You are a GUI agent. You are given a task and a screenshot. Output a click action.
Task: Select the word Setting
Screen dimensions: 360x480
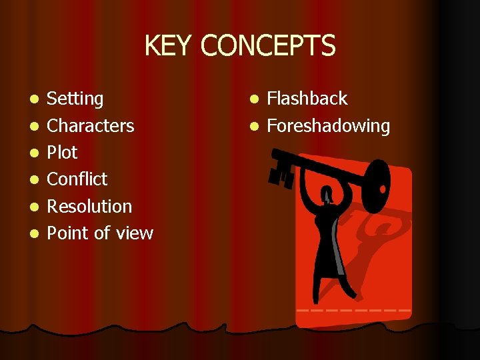[75, 99]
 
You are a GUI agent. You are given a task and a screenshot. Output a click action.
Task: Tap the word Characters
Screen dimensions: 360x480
[90, 126]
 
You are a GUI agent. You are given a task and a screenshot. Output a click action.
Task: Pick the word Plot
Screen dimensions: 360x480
[62, 153]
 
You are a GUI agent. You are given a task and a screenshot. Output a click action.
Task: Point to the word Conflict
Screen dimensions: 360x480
[77, 179]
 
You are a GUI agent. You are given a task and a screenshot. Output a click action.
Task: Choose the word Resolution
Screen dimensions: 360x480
[89, 207]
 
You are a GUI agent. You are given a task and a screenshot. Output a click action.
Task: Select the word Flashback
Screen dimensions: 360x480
[307, 99]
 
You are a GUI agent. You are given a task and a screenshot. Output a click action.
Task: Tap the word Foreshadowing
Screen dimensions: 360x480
[328, 126]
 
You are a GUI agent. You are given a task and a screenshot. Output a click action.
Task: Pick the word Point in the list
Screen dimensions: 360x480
[67, 233]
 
